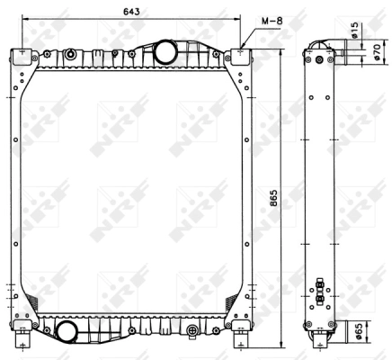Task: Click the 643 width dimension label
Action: (x=131, y=12)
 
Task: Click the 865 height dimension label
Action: (x=273, y=198)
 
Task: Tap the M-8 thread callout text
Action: (x=272, y=21)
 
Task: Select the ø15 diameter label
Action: (x=354, y=31)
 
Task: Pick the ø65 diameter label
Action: (x=360, y=331)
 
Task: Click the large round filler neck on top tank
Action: (x=165, y=51)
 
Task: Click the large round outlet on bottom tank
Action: (x=67, y=331)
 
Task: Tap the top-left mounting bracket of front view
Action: (x=22, y=56)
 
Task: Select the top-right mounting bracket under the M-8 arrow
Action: (x=241, y=56)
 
